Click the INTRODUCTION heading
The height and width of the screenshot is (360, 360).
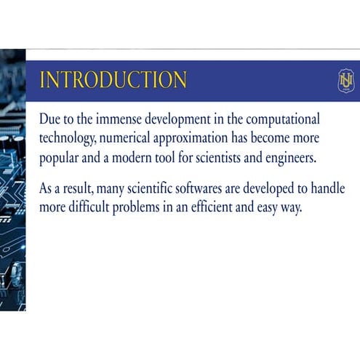tap(113, 80)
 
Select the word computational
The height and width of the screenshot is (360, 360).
tap(285, 119)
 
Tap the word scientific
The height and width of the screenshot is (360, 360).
tap(159, 188)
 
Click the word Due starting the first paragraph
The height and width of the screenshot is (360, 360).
tap(51, 119)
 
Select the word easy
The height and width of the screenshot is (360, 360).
tap(294, 207)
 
